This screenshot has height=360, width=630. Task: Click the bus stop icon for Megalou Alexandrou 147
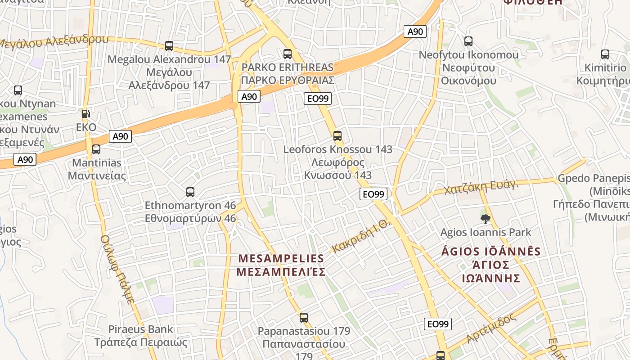pos(169,45)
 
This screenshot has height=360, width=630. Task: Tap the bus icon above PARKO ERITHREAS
pos(288,54)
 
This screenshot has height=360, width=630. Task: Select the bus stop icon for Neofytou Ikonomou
pos(468,41)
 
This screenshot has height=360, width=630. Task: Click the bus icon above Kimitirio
pos(605,54)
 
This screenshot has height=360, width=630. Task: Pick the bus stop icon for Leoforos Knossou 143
pos(337,135)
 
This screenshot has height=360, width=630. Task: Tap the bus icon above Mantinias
pos(96,149)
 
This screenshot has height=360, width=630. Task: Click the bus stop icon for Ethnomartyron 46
pos(190,192)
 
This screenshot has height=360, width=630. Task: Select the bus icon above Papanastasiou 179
pos(304,318)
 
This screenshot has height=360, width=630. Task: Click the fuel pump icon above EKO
pos(86,114)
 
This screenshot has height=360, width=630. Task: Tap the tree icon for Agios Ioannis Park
pos(485,219)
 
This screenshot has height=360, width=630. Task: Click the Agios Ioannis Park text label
pos(486,233)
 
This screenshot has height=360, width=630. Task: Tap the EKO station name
pos(86,127)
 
